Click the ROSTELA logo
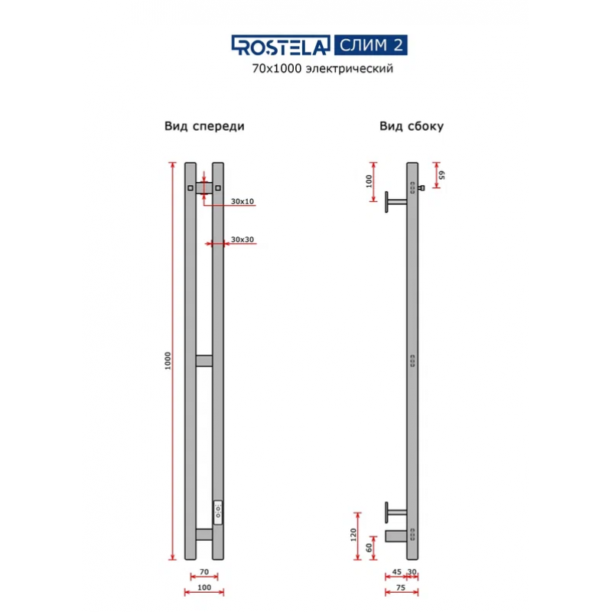[x=281, y=47]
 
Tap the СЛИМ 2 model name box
[x=369, y=45]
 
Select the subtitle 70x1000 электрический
[x=322, y=70]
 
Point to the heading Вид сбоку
[x=412, y=126]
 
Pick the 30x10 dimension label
[x=242, y=201]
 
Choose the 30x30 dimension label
[x=243, y=240]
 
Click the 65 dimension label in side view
[x=441, y=175]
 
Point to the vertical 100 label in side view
[x=368, y=181]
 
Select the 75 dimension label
[x=401, y=589]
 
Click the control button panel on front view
[x=218, y=510]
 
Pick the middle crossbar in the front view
[x=204, y=360]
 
